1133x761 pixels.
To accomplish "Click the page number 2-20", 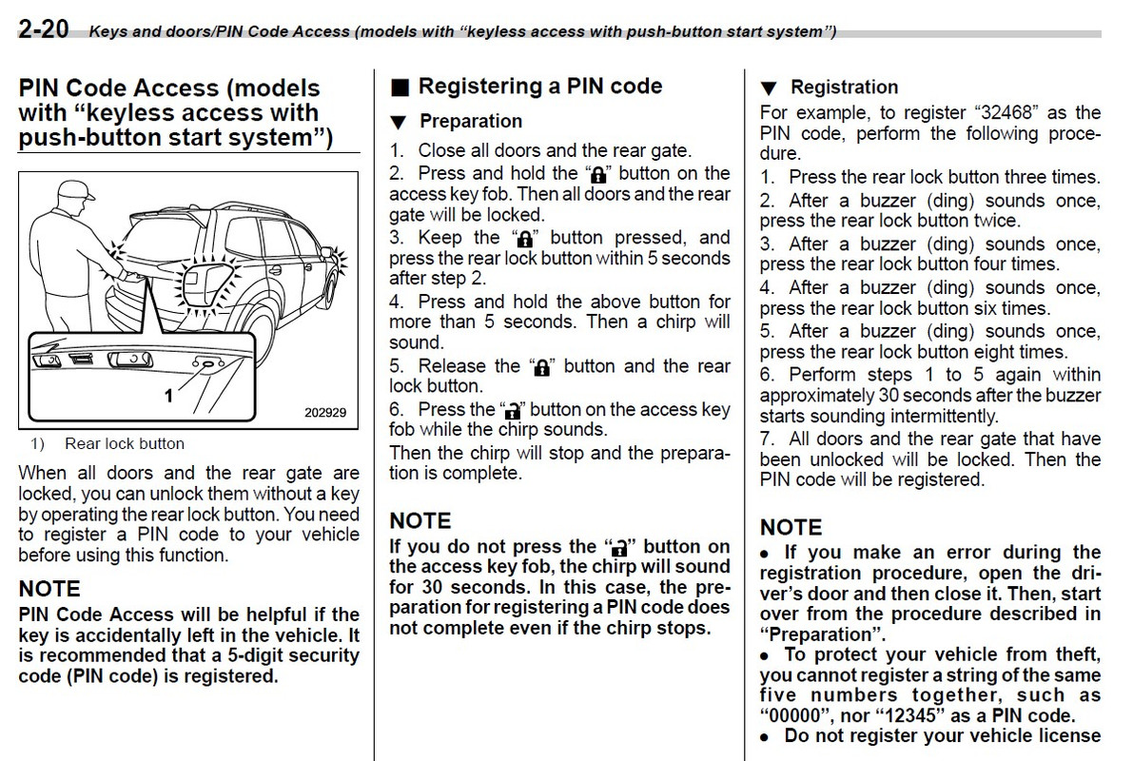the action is pyautogui.click(x=43, y=29).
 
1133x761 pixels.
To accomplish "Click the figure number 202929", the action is pyautogui.click(x=325, y=413).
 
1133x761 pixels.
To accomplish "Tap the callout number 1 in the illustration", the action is pyautogui.click(x=169, y=395).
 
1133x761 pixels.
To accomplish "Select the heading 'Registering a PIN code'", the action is pyautogui.click(x=540, y=86).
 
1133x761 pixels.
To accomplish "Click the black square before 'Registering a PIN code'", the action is pyautogui.click(x=400, y=88).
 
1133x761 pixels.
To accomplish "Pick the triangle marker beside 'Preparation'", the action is pyautogui.click(x=400, y=123).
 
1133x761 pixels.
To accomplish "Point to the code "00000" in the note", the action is pyautogui.click(x=795, y=716).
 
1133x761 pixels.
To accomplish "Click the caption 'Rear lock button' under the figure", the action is pyautogui.click(x=125, y=443).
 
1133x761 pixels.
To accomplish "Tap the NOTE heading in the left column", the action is pyautogui.click(x=49, y=589).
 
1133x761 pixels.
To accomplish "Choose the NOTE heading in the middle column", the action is pyautogui.click(x=420, y=520).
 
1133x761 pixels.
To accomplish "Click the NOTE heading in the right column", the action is pyautogui.click(x=791, y=527).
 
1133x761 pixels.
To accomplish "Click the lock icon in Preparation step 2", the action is pyautogui.click(x=598, y=175).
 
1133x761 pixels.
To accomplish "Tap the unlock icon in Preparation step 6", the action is pyautogui.click(x=513, y=411).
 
